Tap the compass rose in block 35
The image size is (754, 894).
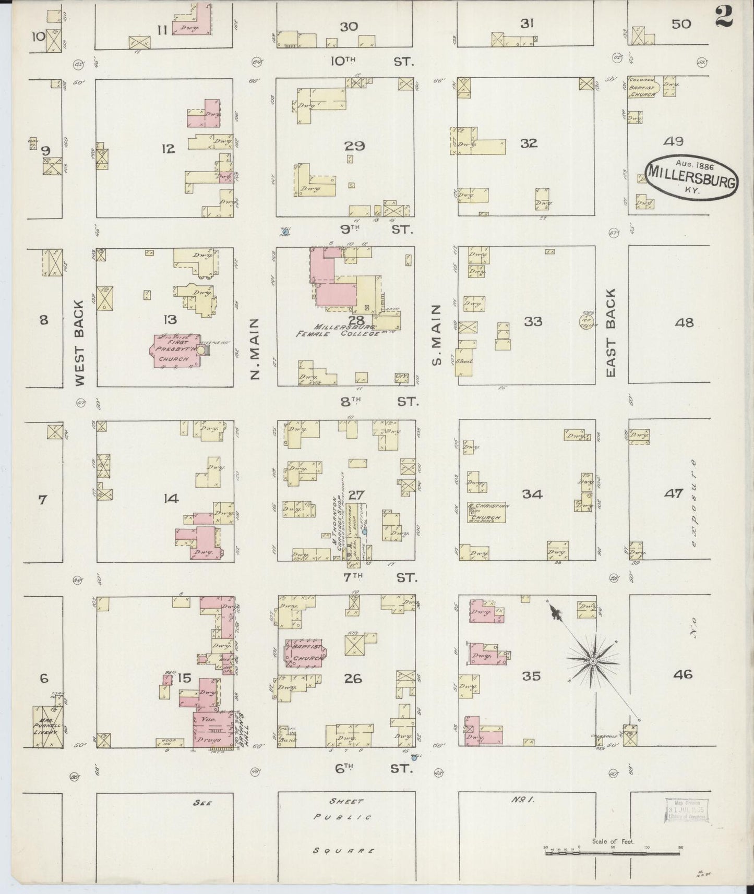[x=593, y=661]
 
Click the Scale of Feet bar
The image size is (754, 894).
[x=613, y=853]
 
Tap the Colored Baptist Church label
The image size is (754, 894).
[x=642, y=88]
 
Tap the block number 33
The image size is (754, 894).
[x=533, y=321]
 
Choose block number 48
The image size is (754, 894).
[x=684, y=323]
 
